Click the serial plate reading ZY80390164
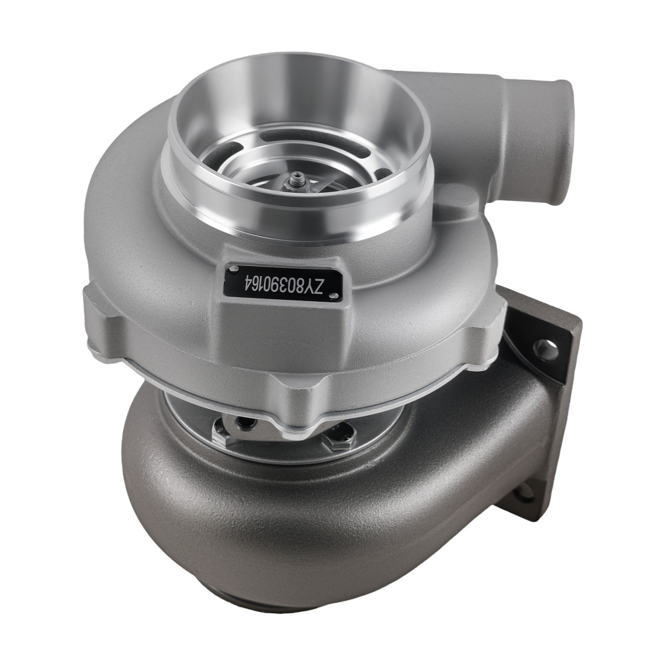click(x=284, y=282)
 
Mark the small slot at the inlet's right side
click(x=379, y=174)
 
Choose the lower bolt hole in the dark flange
click(x=525, y=493)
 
